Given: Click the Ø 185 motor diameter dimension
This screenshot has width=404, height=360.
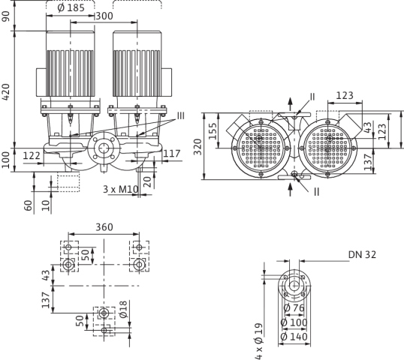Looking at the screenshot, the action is click(x=71, y=8).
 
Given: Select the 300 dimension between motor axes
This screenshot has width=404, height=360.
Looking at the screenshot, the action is click(x=104, y=16).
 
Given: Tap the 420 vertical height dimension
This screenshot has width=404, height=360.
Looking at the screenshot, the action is click(x=6, y=92).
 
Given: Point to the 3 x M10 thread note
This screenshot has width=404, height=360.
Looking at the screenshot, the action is click(x=121, y=190).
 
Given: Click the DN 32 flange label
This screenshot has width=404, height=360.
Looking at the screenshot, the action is click(x=362, y=255).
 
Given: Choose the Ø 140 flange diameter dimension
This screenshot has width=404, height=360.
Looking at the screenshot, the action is click(x=294, y=337).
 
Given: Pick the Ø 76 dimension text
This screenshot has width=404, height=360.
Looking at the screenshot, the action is click(x=294, y=307).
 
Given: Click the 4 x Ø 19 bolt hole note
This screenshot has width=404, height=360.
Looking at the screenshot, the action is click(x=258, y=341).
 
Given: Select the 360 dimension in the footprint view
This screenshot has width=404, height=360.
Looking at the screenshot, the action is click(x=104, y=227).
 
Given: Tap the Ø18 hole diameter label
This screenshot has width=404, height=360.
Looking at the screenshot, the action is click(x=123, y=309).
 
